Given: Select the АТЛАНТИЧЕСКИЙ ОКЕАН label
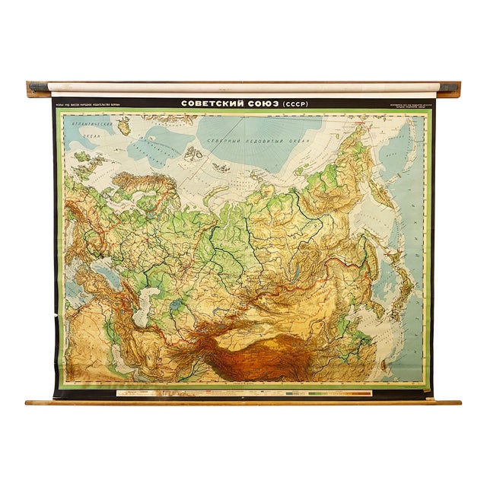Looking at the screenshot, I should coord(84,127).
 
